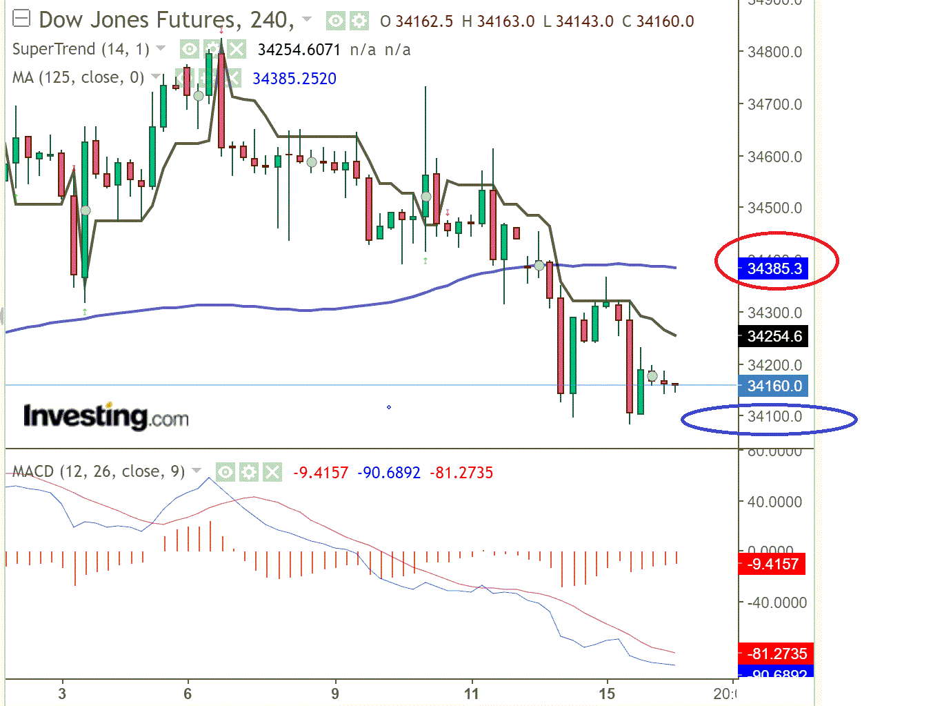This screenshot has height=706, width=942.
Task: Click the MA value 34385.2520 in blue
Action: coord(294,79)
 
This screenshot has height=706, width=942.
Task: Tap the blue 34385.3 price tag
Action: coord(774,268)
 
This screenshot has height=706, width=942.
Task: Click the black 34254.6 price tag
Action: coord(774,337)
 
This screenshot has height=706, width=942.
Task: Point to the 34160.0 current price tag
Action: coord(774,386)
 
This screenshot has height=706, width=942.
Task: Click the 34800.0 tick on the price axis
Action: coord(774,52)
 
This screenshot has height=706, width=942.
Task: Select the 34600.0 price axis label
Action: coord(774,157)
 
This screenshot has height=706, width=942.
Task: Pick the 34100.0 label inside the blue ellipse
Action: coord(774,417)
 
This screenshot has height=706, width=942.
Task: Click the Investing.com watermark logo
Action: coord(106,417)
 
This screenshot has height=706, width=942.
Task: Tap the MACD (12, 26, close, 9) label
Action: coord(99,472)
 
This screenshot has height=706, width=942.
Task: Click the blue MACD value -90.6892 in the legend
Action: coord(389,473)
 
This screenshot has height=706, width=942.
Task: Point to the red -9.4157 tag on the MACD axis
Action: coord(772,565)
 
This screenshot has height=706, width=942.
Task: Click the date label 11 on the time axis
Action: coord(472,694)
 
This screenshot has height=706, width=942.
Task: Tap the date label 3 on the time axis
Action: coord(62,694)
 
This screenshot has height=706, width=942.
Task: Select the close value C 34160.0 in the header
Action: coord(658,21)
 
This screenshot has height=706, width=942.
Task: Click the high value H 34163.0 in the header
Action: coord(498,21)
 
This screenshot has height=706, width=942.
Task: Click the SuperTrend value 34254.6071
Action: coord(299,50)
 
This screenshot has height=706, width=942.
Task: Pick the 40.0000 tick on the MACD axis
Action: coord(774,502)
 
